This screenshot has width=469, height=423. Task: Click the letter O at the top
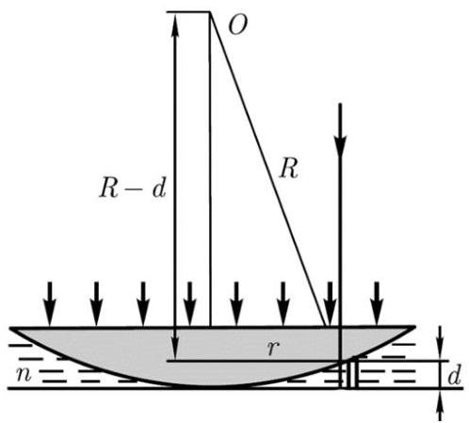237,24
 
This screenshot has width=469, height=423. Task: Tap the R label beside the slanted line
289,169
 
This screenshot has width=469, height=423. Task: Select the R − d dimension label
132,188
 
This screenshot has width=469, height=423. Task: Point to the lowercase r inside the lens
273,348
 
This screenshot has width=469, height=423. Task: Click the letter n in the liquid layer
24,374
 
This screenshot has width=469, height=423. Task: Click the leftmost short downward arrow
50,303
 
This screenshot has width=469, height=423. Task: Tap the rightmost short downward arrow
377,303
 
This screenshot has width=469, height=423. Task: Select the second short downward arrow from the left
96,303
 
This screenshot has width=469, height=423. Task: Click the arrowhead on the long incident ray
340,146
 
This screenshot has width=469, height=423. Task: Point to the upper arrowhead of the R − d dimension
175,25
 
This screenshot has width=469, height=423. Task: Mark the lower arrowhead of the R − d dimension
175,349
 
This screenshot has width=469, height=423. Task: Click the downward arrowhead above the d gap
440,350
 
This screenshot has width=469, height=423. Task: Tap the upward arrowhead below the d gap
440,399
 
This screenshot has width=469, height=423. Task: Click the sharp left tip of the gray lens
10,328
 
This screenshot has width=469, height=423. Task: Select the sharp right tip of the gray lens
415,328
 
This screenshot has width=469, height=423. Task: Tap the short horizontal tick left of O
187,12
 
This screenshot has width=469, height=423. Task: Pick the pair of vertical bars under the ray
352,375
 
